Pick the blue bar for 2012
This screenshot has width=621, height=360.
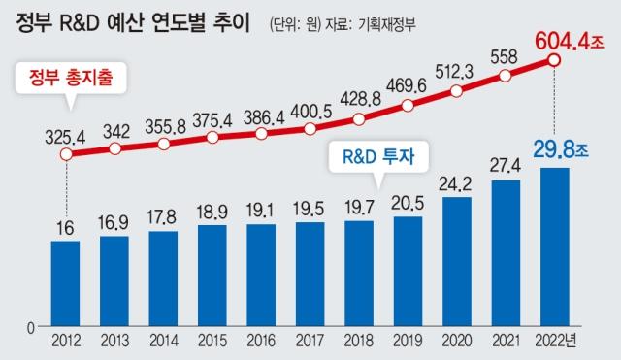point(64,282)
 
